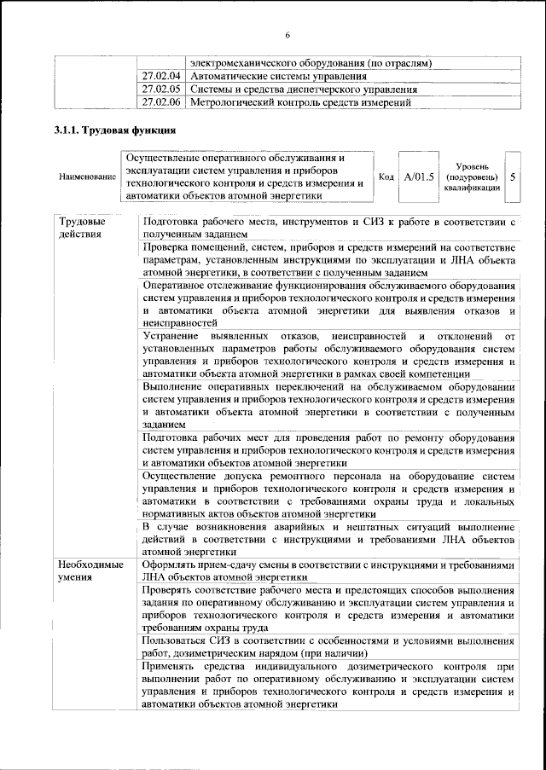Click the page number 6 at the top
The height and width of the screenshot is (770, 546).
point(288,35)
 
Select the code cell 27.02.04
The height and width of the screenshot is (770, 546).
point(161,77)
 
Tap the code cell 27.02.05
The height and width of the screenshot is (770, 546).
point(161,89)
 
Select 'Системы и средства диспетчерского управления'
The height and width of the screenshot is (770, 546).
point(304,89)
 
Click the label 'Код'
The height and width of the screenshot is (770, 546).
point(386,177)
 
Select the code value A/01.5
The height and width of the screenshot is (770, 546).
point(419,177)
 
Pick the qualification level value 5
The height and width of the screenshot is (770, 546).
point(513,177)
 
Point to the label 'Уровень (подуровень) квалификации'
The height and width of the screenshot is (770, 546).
point(472,177)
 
